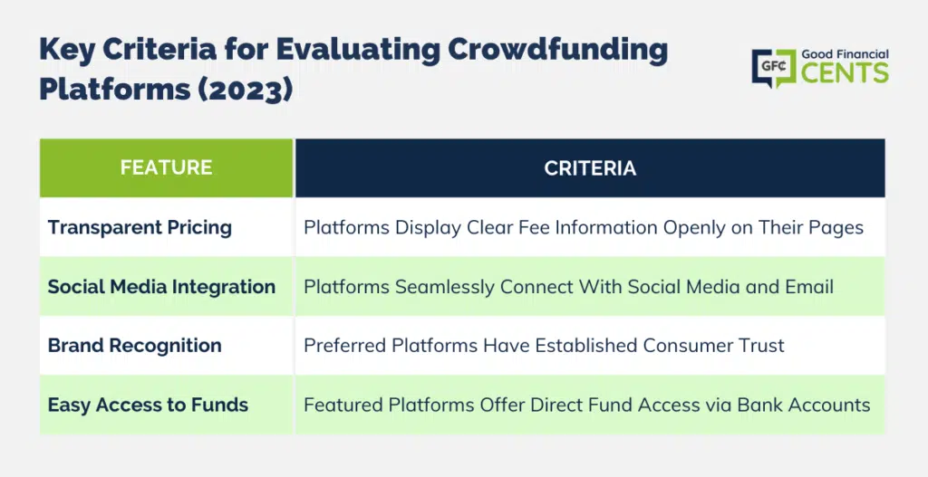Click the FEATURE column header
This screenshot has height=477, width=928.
click(x=167, y=167)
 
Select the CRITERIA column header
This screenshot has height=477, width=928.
click(x=590, y=167)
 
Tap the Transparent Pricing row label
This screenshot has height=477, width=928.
click(x=140, y=227)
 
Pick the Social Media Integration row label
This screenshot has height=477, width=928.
click(x=161, y=287)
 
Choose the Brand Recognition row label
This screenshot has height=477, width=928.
click(x=135, y=345)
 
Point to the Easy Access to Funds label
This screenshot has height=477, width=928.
click(x=148, y=405)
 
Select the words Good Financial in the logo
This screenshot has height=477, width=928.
click(x=846, y=53)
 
